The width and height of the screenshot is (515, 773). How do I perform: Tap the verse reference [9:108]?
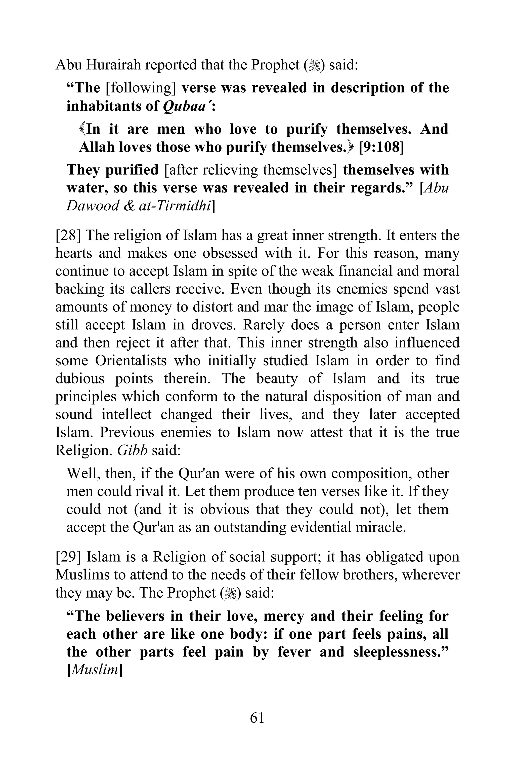[x=381, y=147]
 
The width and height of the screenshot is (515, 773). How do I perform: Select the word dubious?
[x=80, y=379]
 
